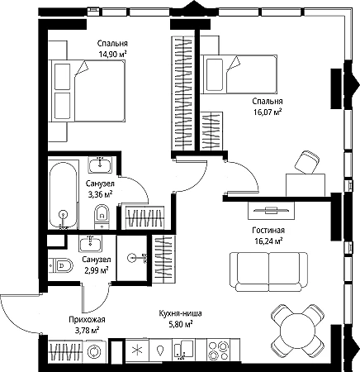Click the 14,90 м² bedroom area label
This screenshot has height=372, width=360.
[112, 54]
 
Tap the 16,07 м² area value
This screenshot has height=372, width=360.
[268, 112]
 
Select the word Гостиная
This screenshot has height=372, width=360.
[268, 230]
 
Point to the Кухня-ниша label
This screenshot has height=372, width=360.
[180, 313]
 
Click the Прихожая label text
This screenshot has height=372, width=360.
[87, 320]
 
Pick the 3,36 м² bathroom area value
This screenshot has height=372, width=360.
[100, 194]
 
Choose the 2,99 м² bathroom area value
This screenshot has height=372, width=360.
[96, 269]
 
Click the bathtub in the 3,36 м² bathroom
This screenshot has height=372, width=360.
[64, 195]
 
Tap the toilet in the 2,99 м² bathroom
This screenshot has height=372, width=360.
[61, 265]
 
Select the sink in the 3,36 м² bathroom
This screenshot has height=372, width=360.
[100, 165]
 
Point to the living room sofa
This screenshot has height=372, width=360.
[268, 272]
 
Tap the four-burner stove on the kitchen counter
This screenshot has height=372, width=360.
[219, 350]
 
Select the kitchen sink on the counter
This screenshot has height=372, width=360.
[183, 350]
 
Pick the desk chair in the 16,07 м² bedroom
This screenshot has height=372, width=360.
[307, 162]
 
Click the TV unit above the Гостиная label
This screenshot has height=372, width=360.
[271, 210]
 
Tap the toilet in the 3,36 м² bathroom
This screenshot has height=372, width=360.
[102, 217]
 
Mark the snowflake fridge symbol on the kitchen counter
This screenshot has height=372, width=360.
[137, 351]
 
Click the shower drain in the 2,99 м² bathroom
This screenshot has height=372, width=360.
[131, 258]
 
